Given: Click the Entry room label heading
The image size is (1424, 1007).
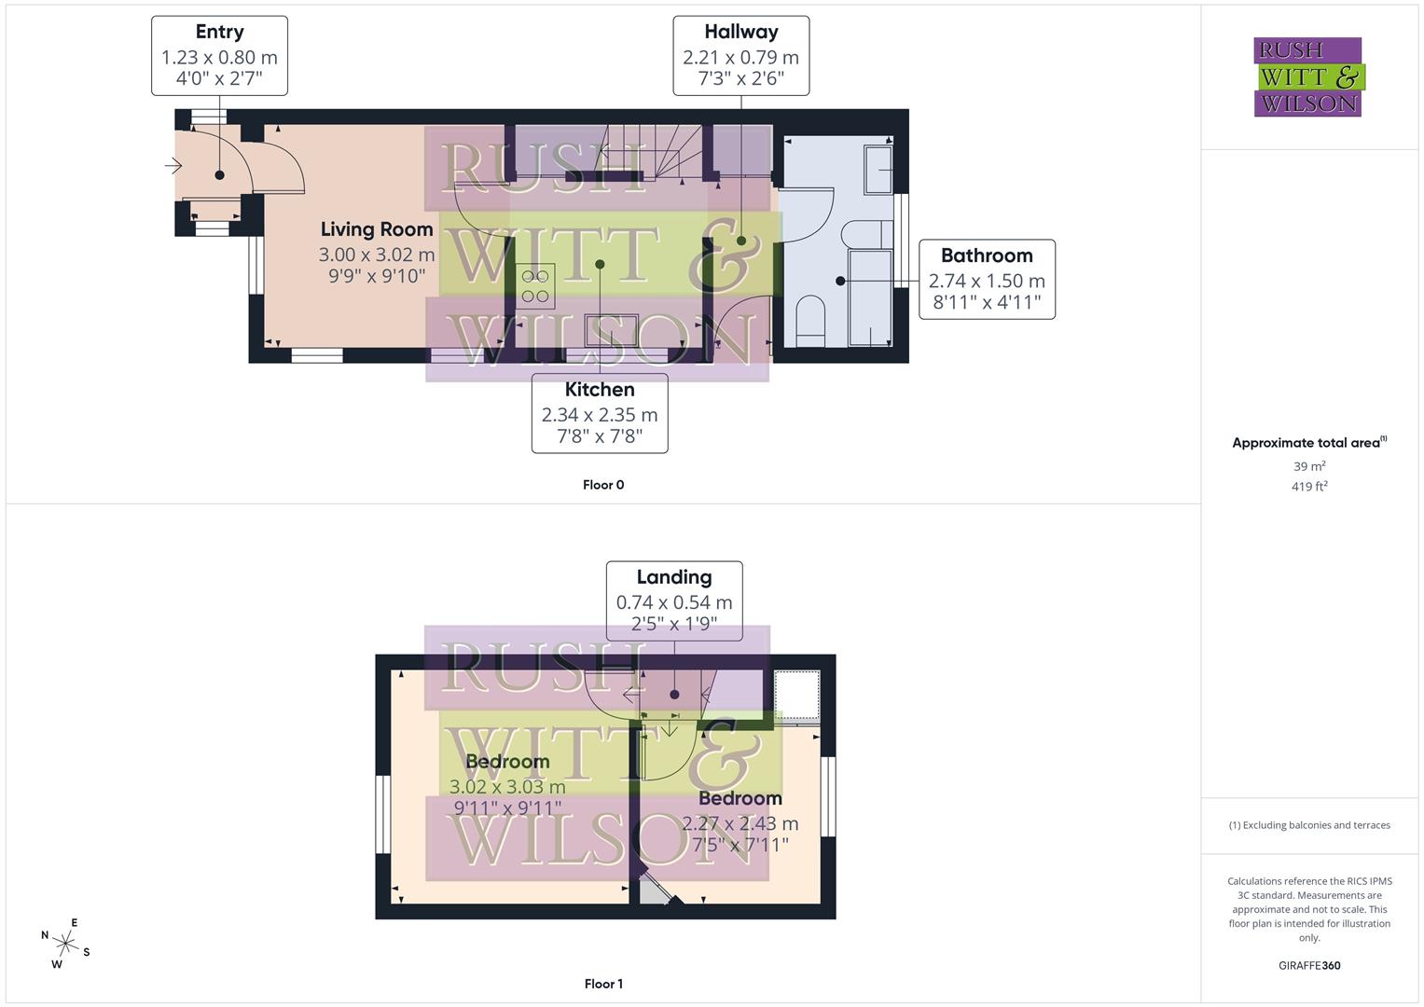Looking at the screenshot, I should (x=219, y=32).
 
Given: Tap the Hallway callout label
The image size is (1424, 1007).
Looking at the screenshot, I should (x=740, y=32).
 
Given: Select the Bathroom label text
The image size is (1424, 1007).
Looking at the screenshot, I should (x=987, y=255).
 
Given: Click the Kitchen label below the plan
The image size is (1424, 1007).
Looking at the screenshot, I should (x=600, y=390).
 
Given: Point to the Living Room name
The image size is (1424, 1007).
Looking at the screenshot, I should (x=377, y=229).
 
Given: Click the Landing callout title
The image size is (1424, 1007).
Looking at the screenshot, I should (x=673, y=577).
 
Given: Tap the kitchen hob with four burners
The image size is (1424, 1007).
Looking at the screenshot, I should (x=535, y=286).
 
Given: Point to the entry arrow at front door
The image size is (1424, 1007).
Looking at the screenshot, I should (x=173, y=167).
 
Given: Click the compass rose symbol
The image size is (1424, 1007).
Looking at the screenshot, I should (x=65, y=944).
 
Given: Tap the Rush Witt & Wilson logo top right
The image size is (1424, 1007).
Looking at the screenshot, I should (x=1307, y=76).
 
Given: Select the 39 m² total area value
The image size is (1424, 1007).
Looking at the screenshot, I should (x=1309, y=466).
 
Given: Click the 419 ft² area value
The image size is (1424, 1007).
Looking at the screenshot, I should (x=1309, y=487).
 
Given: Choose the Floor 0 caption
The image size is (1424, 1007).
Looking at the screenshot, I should (x=603, y=485).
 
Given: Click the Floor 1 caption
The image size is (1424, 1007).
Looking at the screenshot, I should (x=603, y=984).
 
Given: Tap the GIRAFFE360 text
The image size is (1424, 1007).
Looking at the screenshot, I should (x=1309, y=966).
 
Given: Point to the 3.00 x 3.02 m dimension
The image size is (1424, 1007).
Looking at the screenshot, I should (x=377, y=255).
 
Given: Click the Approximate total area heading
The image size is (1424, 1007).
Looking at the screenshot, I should (x=1307, y=443).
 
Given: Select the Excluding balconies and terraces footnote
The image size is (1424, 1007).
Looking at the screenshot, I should (x=1309, y=825).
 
